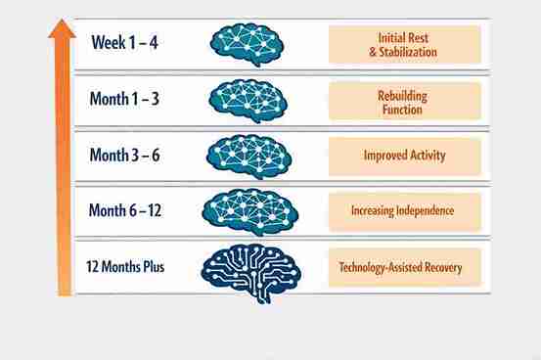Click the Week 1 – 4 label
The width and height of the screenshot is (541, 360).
[x=125, y=43]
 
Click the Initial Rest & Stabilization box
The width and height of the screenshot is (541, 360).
[x=404, y=44]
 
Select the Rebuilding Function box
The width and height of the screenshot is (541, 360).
[x=404, y=100]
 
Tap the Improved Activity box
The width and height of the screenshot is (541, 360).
[x=404, y=155]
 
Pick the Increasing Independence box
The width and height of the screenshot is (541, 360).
[x=404, y=210]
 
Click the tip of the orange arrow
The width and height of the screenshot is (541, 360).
[x=62, y=22]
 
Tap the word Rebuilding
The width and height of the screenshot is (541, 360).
[x=404, y=93]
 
